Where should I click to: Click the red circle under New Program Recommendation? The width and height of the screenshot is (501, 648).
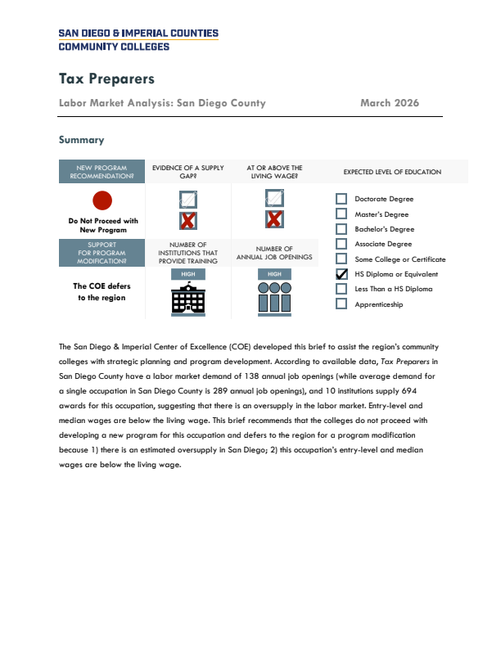[x=102, y=199]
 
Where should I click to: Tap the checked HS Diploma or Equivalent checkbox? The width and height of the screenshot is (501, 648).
[x=342, y=274]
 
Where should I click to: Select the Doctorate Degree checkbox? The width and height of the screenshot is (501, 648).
[x=342, y=199]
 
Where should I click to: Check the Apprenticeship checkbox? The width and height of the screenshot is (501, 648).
[x=342, y=304]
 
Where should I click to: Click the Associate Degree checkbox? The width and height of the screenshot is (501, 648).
[x=342, y=244]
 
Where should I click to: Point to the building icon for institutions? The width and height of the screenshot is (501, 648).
[x=187, y=300]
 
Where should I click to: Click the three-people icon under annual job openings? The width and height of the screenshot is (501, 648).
[x=274, y=299]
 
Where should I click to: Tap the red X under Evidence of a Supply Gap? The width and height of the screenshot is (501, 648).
[x=188, y=220]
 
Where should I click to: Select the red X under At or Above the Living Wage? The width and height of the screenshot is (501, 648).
[x=274, y=219]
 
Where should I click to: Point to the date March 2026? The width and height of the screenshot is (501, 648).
[x=390, y=103]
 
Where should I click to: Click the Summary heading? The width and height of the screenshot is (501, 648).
[x=81, y=140]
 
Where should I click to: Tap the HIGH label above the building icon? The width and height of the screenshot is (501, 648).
[x=187, y=274]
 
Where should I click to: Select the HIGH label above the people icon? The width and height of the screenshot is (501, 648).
[x=274, y=274]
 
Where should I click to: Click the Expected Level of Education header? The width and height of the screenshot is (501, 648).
[x=392, y=172]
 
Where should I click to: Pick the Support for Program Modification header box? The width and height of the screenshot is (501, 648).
[x=102, y=253]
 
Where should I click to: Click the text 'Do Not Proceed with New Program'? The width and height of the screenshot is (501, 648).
[x=102, y=226]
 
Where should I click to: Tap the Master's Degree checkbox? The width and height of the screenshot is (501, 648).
[x=342, y=214]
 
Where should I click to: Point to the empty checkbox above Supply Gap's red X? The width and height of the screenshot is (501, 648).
[x=188, y=198]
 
